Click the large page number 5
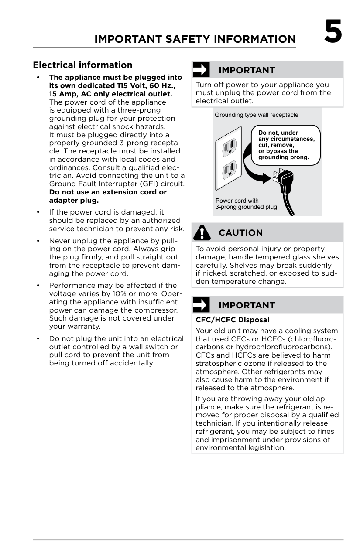333,32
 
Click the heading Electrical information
82,65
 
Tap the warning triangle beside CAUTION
202,232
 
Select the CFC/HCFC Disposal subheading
232,320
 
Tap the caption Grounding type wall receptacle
256,115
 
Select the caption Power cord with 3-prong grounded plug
246,204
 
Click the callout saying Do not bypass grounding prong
285,145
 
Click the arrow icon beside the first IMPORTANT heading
201,70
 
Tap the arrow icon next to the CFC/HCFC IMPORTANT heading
201,305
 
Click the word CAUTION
240,233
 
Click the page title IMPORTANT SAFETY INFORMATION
195,39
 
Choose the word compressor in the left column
158,310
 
